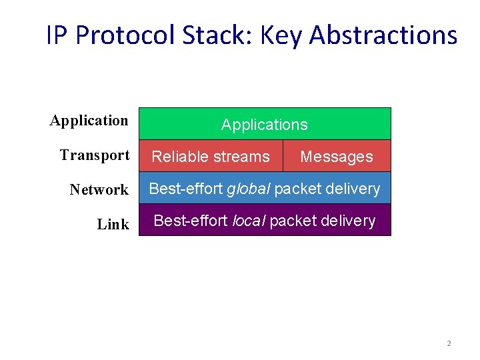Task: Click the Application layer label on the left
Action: pyautogui.click(x=89, y=121)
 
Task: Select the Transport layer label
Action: pyautogui.click(x=94, y=155)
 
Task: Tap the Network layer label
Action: pyautogui.click(x=99, y=190)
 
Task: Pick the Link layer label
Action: pyautogui.click(x=113, y=225)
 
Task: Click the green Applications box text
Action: pyautogui.click(x=264, y=125)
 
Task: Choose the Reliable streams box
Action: pyautogui.click(x=211, y=157)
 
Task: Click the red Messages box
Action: pyautogui.click(x=337, y=157)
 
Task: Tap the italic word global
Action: pyautogui.click(x=249, y=189)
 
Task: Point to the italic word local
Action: pyautogui.click(x=249, y=221)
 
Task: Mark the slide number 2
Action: pyautogui.click(x=449, y=344)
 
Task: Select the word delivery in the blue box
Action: pyautogui.click(x=353, y=189)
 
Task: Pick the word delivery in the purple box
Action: pyautogui.click(x=349, y=221)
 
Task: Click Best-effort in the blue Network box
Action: pyautogui.click(x=186, y=189)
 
